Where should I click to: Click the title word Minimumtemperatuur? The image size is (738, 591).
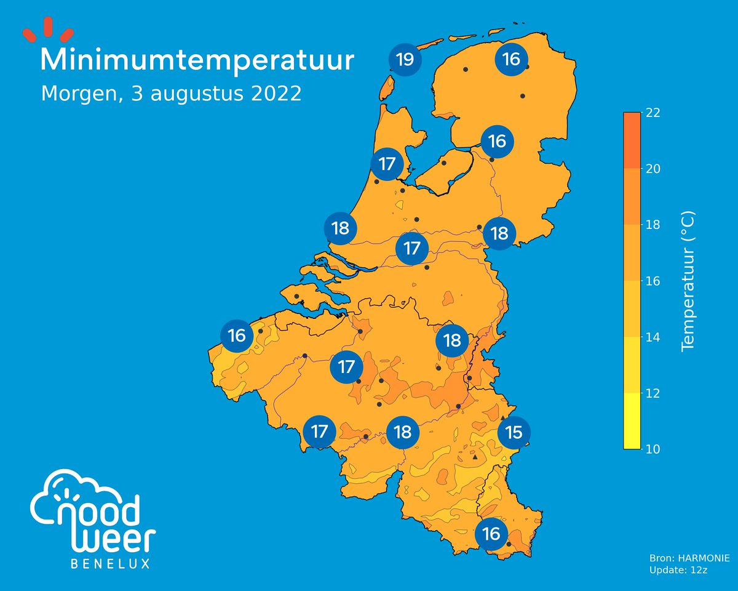click(x=197, y=61)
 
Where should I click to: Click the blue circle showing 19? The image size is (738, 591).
click(x=405, y=60)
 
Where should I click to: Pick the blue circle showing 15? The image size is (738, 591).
click(x=514, y=433)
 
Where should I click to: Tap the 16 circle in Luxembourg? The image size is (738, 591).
click(x=491, y=534)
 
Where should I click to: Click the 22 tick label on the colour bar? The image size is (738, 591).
click(x=653, y=113)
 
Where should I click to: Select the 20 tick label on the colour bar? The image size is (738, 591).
click(x=653, y=169)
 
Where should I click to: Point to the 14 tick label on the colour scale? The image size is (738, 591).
click(x=653, y=337)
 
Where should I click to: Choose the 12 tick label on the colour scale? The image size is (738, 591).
click(x=653, y=393)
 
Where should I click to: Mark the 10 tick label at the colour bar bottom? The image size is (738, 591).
click(x=653, y=449)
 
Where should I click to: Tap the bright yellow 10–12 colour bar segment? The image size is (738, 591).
click(x=633, y=422)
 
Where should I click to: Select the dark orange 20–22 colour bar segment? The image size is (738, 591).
click(x=633, y=140)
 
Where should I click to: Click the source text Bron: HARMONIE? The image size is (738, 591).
click(x=689, y=558)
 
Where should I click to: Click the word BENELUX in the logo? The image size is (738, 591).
click(x=111, y=564)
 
